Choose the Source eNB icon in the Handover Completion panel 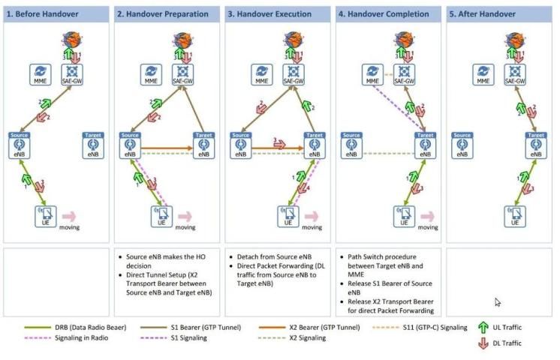(x=351, y=145)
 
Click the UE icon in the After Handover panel (x=515, y=216)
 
